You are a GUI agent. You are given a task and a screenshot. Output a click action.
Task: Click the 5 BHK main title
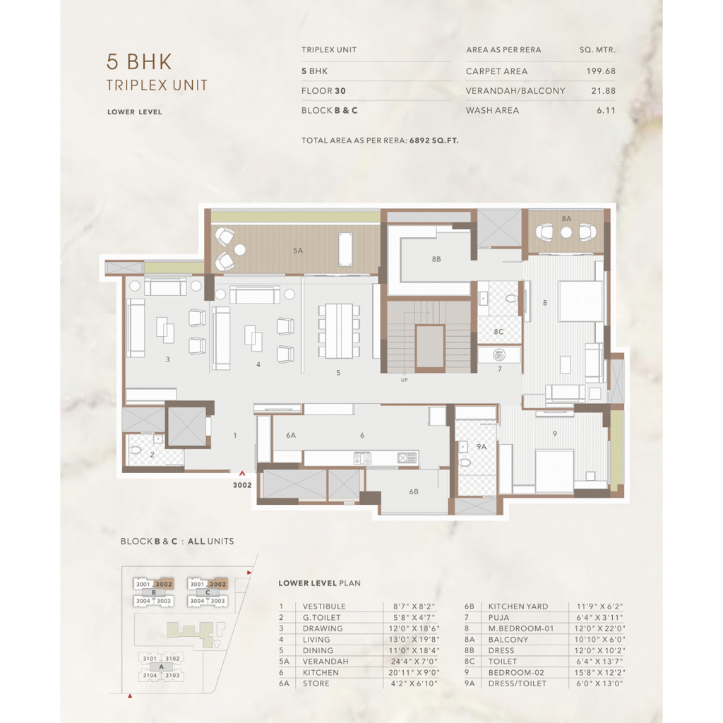coord(139,62)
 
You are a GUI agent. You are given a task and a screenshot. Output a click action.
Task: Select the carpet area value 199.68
coord(601,71)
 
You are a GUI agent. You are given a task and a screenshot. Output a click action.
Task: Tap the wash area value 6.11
coord(606,110)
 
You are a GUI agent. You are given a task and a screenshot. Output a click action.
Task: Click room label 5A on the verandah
coord(298,251)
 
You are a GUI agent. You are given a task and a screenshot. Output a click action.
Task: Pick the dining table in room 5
coord(338,330)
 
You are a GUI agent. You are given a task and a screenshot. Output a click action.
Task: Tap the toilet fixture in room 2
coord(135,450)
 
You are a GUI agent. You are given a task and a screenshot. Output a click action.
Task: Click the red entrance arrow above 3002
coord(242,474)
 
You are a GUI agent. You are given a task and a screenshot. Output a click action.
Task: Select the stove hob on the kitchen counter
coord(362,458)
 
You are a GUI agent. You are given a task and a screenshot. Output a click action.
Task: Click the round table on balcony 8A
coord(566,232)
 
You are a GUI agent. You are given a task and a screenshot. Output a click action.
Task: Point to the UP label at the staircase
coord(404,380)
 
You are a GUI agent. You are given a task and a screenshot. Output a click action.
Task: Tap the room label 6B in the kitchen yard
coord(414,492)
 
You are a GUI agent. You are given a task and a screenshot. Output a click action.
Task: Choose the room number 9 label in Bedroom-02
coord(555,434)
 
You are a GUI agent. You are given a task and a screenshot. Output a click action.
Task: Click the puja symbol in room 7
coord(499,354)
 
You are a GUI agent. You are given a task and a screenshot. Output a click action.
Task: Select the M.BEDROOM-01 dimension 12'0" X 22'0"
coord(599,628)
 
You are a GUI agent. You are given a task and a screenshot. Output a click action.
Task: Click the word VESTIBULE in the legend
coord(323,607)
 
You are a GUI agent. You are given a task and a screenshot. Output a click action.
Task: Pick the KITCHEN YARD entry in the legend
coord(518,607)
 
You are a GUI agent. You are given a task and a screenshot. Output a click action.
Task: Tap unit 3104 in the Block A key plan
coord(150,676)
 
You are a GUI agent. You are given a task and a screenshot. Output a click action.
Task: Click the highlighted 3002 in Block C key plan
coord(217,584)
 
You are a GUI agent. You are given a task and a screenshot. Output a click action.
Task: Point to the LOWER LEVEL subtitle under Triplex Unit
coord(135,112)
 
